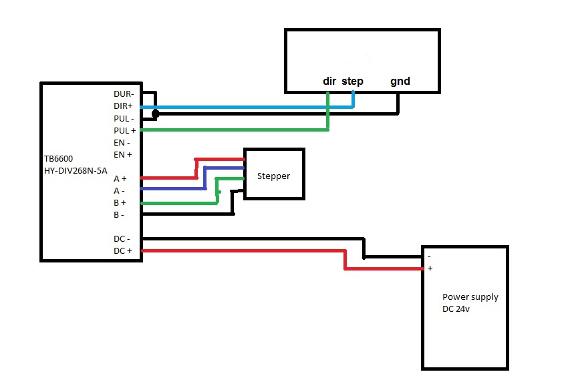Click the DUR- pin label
pos(124,95)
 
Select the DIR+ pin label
pos(124,106)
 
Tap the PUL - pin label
pos(124,118)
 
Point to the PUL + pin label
pos(124,130)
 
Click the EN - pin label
pos(122,142)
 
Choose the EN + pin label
pos(123,154)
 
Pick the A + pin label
pos(120,178)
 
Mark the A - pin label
pos(120,190)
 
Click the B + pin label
pos(120,202)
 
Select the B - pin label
pos(120,214)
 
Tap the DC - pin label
pos(122,238)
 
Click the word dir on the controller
pos(329,81)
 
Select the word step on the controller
pos(352,81)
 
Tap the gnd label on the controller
pos(400,81)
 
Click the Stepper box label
pos(274,177)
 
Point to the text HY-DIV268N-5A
pos(76,170)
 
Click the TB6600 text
pos(60,160)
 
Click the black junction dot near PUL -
pos(155,114)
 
